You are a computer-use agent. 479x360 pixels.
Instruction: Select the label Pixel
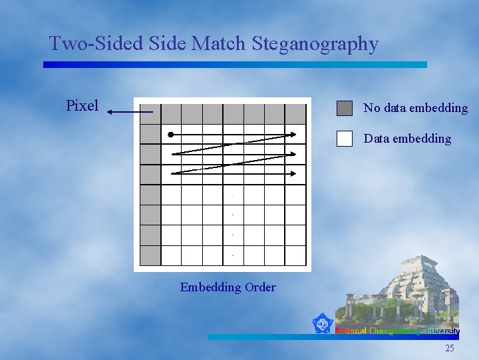coord(82,105)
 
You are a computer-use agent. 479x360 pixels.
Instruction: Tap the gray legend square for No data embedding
coord(344,108)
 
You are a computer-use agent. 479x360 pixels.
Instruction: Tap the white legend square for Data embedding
coord(344,138)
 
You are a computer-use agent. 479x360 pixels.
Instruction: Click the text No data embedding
coord(415,108)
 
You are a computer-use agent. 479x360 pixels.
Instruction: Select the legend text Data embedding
coord(407,139)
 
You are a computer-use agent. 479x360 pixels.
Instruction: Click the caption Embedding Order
coord(228,287)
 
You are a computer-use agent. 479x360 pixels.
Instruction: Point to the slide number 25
coord(450,348)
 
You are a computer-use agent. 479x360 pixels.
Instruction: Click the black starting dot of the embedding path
coord(171,135)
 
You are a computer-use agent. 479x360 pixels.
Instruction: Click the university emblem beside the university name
coord(322,324)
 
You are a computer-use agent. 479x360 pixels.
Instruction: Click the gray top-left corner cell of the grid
coord(150,114)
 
